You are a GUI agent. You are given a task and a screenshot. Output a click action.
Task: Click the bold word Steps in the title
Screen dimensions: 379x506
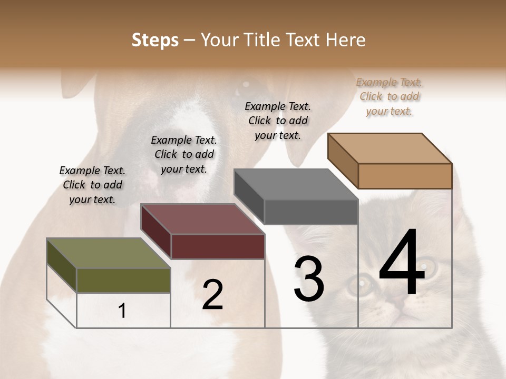155,40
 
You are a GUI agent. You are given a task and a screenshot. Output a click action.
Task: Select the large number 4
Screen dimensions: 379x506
402,263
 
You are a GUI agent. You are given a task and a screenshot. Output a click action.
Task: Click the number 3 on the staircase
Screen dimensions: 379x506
309,279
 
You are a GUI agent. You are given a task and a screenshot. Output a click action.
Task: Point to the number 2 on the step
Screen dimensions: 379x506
212,295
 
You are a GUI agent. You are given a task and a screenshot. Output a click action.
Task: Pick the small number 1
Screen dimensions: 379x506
122,311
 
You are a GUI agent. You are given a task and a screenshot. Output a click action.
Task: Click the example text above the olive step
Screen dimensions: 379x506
92,185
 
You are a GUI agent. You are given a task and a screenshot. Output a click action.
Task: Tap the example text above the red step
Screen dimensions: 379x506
184,154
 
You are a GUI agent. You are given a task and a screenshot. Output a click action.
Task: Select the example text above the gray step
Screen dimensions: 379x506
278,121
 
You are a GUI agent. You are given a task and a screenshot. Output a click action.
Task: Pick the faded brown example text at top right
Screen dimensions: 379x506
390,96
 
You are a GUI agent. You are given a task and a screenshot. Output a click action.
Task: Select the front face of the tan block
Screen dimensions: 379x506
405,176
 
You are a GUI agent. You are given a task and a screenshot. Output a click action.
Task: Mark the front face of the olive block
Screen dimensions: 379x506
123,280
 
